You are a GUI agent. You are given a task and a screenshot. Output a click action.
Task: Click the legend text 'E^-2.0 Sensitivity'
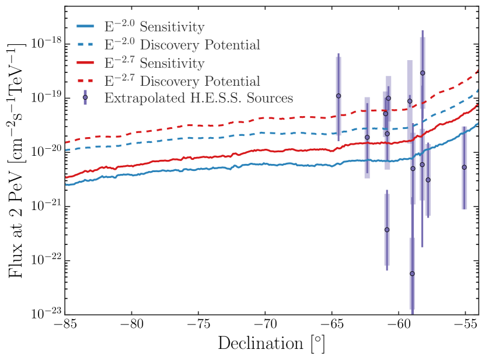pos(154,27)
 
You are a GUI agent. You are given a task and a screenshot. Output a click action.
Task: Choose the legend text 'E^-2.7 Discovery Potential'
pos(182,80)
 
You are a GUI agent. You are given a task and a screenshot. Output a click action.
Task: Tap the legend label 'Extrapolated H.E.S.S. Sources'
pos(198,97)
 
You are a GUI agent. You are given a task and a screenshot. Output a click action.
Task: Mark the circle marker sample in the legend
pos(85,97)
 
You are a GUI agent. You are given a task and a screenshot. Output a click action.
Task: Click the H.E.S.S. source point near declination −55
pos(464,167)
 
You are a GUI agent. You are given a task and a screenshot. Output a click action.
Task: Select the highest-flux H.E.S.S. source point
pos(422,73)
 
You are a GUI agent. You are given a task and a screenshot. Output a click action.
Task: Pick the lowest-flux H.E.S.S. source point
pos(412,273)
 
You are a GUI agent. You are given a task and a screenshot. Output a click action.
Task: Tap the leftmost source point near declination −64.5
pos(338,96)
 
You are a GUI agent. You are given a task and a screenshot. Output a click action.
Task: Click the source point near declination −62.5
pos(367,137)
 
